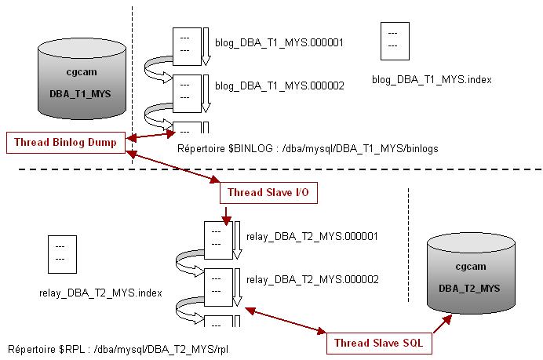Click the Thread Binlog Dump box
(67, 143)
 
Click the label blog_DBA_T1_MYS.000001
(279, 44)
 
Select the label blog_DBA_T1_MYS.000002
(279, 86)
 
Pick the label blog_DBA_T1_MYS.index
(432, 80)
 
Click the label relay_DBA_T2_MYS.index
(100, 293)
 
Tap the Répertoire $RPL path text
(118, 347)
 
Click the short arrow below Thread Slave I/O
(225, 214)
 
